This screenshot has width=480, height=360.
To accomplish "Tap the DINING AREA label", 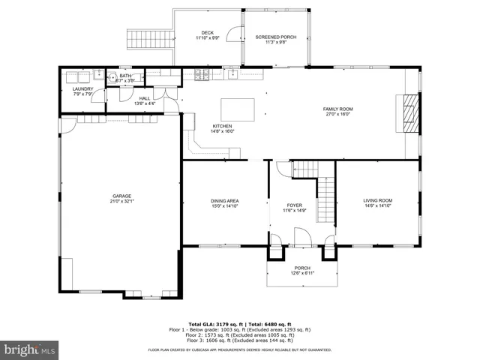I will click(x=224, y=200).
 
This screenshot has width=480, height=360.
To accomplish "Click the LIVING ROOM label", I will click(x=378, y=200).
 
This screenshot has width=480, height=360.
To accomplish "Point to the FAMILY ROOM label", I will click(x=337, y=109).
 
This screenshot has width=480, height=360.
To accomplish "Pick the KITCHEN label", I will click(x=222, y=126).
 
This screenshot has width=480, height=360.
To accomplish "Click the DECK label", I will click(x=207, y=32).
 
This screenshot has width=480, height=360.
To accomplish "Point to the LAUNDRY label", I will click(x=83, y=89).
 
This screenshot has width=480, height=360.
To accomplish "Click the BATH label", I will click(x=125, y=76).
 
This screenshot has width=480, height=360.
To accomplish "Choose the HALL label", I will click(x=144, y=98).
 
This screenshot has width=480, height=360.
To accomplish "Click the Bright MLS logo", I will click(x=30, y=349).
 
